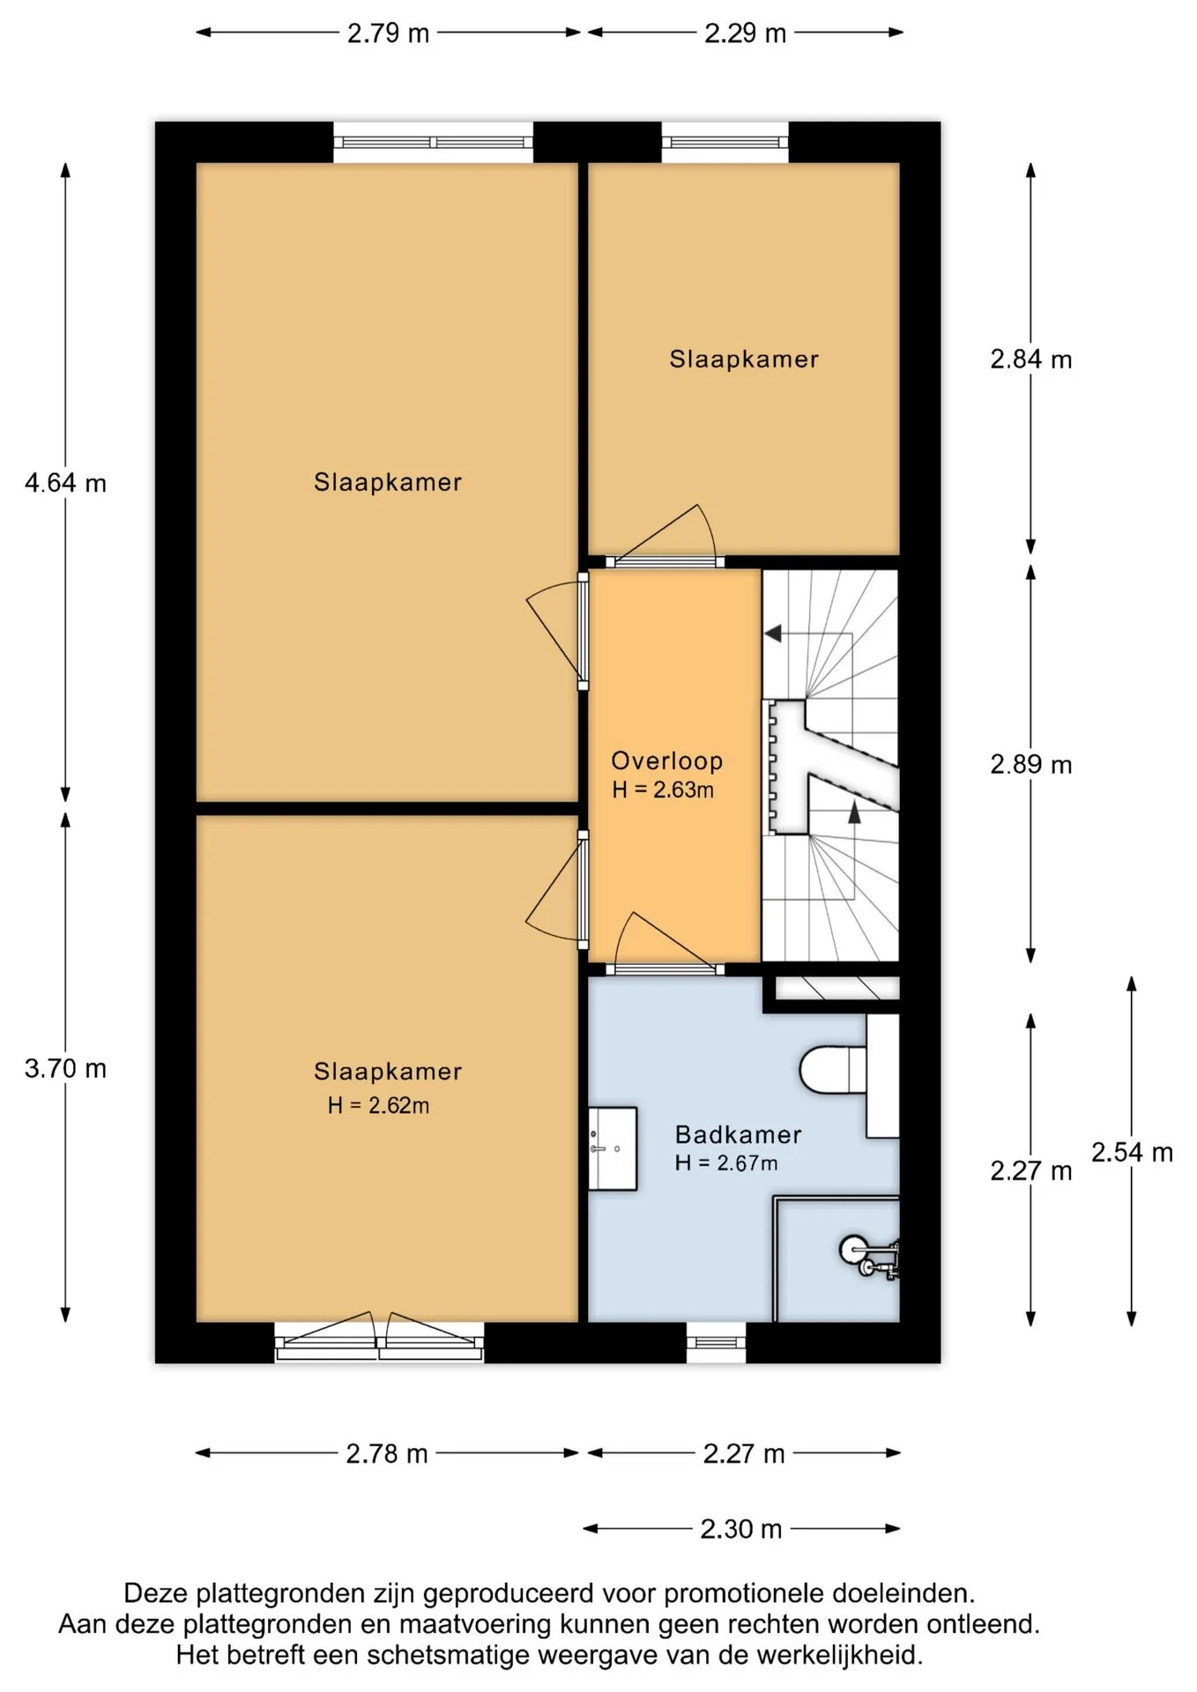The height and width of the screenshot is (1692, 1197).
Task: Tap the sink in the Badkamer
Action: (x=613, y=1148)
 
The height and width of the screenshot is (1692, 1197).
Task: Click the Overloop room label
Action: (x=667, y=761)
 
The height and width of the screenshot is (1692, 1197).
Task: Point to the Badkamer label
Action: (x=739, y=1134)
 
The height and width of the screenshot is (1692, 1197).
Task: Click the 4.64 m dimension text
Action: (x=65, y=483)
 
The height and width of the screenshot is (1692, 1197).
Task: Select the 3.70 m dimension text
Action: (x=65, y=1069)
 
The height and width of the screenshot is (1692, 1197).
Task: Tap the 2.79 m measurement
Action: (x=388, y=33)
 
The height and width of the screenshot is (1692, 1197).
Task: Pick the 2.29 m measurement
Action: (x=745, y=33)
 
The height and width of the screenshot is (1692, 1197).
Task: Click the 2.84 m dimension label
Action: (x=1031, y=360)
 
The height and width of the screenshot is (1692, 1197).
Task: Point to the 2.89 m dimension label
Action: (x=1031, y=765)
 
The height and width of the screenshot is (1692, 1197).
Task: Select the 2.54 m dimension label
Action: (x=1133, y=1153)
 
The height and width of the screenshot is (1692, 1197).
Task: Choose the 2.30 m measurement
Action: (x=741, y=1529)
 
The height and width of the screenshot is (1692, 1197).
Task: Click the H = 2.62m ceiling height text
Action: (x=379, y=1105)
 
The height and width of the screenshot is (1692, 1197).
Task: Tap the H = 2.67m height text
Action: (x=726, y=1163)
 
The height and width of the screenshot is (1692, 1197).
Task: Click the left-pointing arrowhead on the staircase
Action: (x=773, y=634)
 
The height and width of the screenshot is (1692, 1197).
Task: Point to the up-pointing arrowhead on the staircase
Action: (x=854, y=812)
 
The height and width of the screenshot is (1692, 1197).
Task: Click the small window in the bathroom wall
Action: (x=716, y=1343)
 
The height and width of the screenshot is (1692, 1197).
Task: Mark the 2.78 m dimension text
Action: (x=387, y=1454)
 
